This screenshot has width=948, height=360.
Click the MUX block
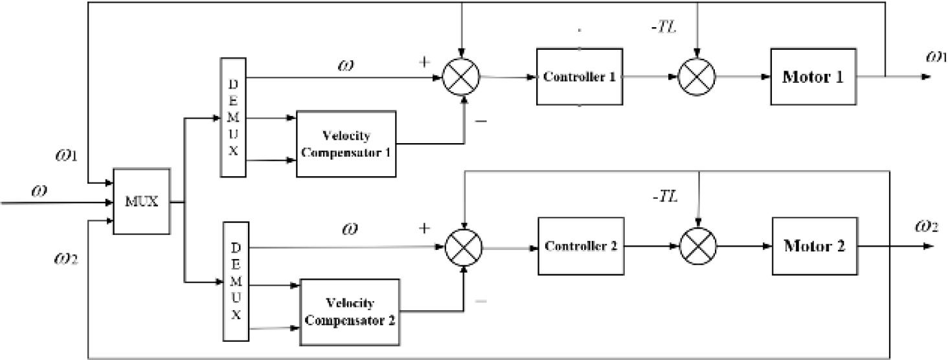(x=142, y=201)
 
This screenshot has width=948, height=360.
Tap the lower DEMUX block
(x=235, y=280)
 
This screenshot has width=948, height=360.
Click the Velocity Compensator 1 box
(x=346, y=143)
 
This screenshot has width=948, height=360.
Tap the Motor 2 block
(x=815, y=247)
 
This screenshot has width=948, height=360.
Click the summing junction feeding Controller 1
(x=461, y=77)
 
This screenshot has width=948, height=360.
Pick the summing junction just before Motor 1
(x=696, y=77)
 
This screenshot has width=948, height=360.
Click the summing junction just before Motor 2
(x=698, y=247)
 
